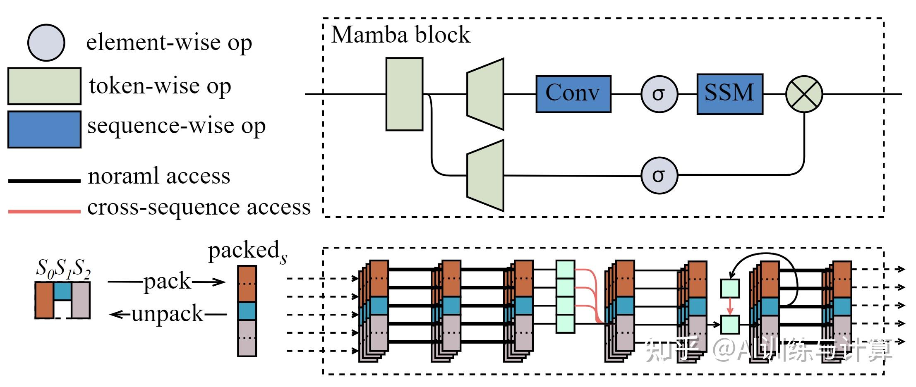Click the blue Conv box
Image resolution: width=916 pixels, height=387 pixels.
tap(573, 94)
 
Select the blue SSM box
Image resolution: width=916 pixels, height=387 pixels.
tap(729, 94)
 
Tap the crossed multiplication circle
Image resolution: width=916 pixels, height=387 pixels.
tap(804, 94)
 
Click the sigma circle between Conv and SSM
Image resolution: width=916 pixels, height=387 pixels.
tap(659, 94)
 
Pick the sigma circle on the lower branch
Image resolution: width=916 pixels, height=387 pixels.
tap(659, 175)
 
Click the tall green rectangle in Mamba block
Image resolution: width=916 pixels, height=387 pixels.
tap(404, 94)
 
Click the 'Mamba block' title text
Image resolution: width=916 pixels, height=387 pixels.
tap(400, 35)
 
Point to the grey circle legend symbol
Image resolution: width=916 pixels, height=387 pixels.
tap(46, 43)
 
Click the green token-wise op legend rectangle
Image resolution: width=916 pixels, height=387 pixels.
tap(44, 86)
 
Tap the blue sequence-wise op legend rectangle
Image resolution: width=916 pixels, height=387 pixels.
tap(44, 129)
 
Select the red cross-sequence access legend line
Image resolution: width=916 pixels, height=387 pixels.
tap(44, 212)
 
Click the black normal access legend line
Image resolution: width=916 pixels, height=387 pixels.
tap(44, 181)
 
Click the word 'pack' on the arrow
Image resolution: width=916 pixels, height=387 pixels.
tap(167, 282)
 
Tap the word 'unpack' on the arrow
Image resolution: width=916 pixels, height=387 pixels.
tap(168, 314)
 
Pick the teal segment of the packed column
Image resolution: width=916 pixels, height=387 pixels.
tap(247, 311)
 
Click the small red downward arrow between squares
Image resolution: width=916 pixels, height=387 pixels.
tap(730, 306)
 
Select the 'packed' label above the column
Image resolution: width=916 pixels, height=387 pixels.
tap(244, 251)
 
